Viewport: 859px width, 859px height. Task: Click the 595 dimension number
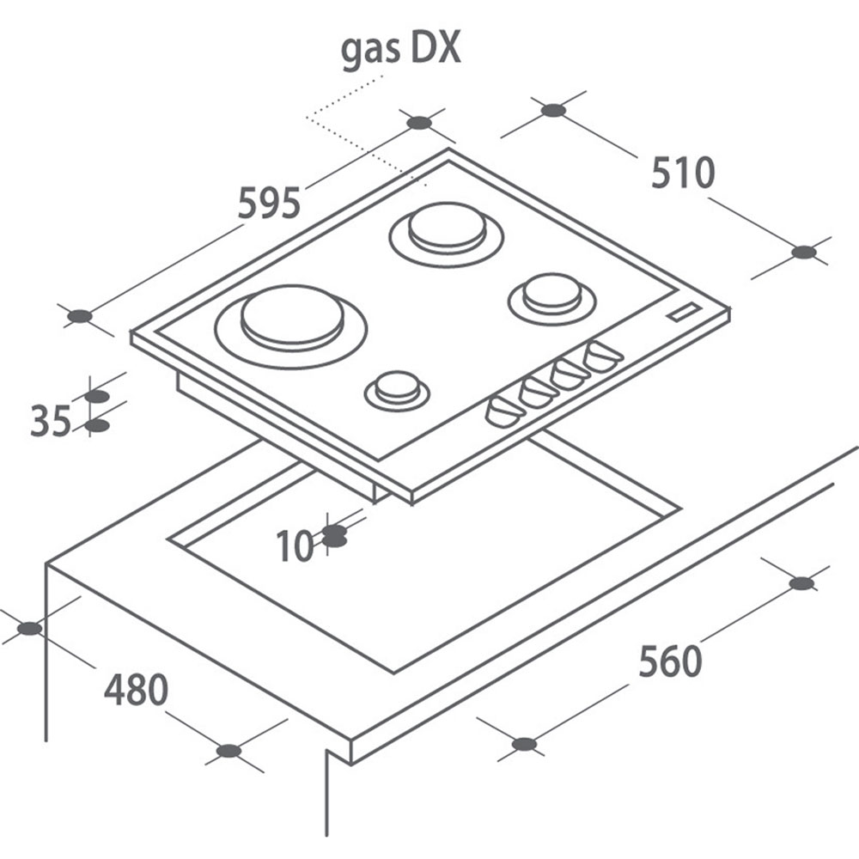click(270, 203)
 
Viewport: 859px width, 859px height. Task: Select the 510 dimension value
click(683, 174)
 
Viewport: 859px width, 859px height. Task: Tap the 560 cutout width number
click(670, 661)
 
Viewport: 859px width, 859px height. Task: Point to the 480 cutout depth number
click(136, 689)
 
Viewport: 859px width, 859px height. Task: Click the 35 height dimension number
click(51, 421)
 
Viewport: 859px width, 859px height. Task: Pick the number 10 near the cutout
click(295, 545)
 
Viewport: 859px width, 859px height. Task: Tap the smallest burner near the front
click(397, 390)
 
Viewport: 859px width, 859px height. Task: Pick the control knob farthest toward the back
click(603, 356)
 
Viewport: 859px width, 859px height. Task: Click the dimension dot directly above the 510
click(552, 111)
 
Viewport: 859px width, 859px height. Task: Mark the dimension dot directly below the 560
click(524, 744)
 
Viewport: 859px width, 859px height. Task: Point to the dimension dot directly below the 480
click(229, 751)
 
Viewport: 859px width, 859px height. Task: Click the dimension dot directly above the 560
click(801, 583)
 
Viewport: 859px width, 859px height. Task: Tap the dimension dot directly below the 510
click(804, 252)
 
